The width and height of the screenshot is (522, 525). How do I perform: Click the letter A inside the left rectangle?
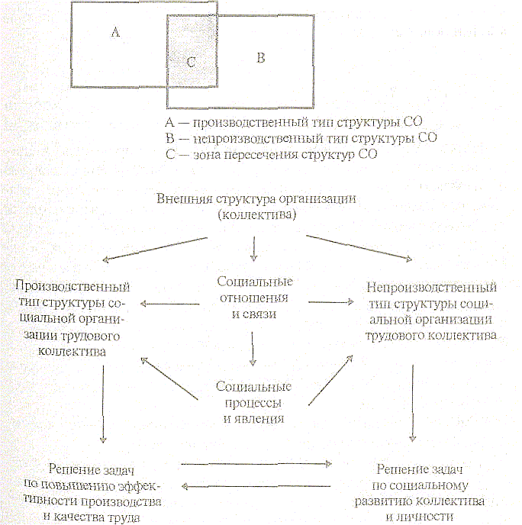click(116, 33)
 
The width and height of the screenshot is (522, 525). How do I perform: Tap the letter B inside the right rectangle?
click(261, 58)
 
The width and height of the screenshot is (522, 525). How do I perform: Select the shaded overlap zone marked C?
click(191, 63)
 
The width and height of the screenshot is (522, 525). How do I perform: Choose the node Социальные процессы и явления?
click(254, 402)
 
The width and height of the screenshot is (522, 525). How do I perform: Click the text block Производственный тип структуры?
click(72, 319)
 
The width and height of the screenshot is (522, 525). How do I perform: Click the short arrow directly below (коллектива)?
click(255, 248)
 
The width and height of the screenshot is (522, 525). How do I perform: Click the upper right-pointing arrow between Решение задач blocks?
click(256, 462)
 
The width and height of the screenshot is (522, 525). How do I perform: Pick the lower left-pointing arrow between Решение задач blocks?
click(256, 485)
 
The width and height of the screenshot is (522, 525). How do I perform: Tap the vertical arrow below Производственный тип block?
click(103, 404)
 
